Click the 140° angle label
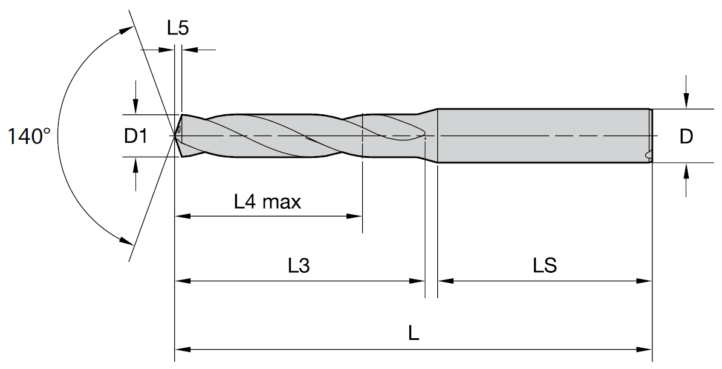click(29, 137)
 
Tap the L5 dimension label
click(178, 28)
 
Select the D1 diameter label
click(135, 137)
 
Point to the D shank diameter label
click(686, 137)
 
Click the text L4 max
click(267, 201)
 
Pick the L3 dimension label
click(299, 266)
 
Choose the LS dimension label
click(545, 266)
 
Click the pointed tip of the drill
click(175, 136)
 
